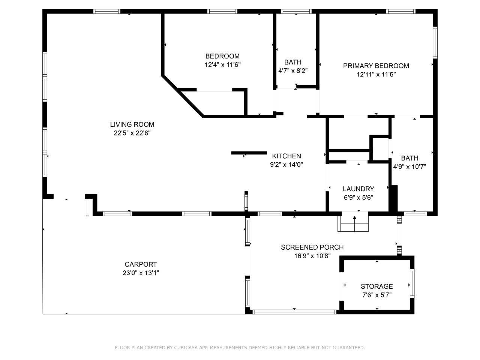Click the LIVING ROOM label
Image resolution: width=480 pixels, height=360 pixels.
click(132, 124)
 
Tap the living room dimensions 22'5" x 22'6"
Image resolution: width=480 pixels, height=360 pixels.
click(132, 133)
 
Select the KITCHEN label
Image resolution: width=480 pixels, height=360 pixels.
click(286, 156)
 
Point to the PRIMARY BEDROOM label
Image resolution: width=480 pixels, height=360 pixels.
click(376, 66)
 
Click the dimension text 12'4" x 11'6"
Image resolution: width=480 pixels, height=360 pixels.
click(222, 65)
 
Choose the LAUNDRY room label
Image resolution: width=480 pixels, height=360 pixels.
click(358, 189)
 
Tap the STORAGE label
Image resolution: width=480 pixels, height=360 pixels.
click(377, 286)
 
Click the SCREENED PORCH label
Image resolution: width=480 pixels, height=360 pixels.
click(312, 247)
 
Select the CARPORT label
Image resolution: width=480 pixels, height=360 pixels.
click(141, 264)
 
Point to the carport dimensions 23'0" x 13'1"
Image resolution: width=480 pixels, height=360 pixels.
click(141, 273)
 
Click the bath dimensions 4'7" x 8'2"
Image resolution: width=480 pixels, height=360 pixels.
click(293, 70)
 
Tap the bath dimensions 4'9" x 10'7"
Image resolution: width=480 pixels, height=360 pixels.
click(409, 167)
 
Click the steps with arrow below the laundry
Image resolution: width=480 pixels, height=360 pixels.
click(353, 223)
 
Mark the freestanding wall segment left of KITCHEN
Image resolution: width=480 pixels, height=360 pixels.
click(249, 153)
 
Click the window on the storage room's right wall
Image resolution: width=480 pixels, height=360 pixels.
click(412, 283)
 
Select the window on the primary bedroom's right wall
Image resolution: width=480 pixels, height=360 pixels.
click(435, 43)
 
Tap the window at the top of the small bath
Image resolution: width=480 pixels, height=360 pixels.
click(296, 11)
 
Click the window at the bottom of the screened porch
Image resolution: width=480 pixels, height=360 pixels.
click(294, 312)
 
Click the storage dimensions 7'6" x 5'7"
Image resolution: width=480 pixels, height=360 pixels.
click(377, 295)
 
